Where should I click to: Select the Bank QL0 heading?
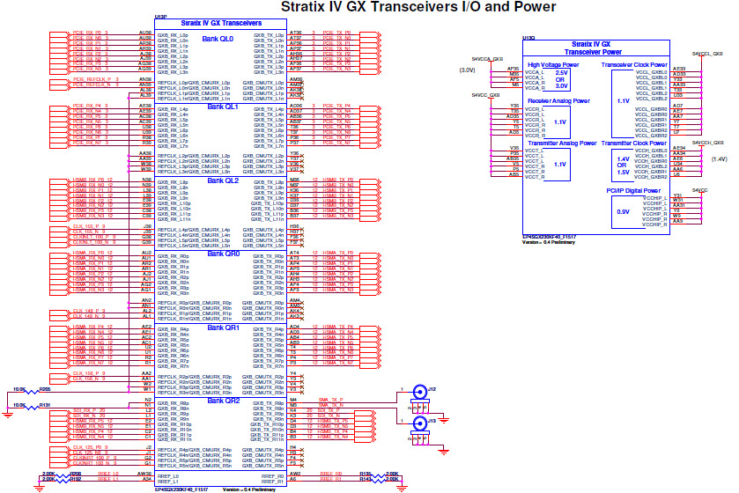(218, 39)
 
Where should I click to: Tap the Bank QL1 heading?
(222, 107)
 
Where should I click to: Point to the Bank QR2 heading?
(222, 401)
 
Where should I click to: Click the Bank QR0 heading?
(222, 254)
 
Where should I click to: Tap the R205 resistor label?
(45, 387)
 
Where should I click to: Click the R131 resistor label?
(45, 404)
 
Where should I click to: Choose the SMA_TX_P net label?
(330, 399)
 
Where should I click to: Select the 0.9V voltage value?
(623, 212)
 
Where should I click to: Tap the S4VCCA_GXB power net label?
(486, 59)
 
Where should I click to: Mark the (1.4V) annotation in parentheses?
(719, 159)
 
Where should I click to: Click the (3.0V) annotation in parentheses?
(468, 70)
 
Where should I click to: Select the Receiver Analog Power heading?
(558, 101)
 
